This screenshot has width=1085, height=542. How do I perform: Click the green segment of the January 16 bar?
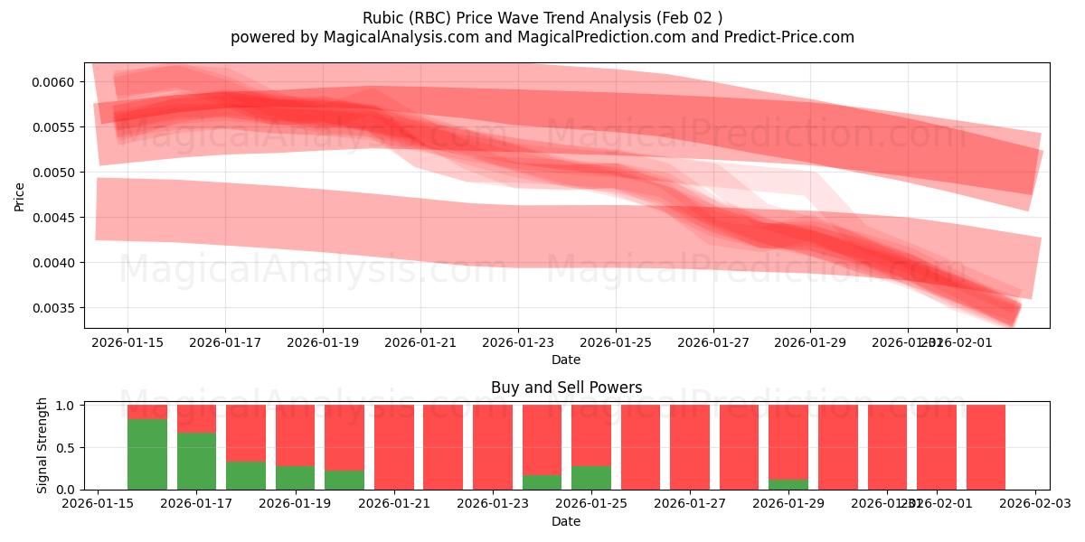(x=147, y=454)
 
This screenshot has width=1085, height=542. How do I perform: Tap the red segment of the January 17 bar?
(x=196, y=418)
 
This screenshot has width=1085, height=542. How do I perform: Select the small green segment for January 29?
(x=788, y=484)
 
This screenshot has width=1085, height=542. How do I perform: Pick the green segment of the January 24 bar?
(x=542, y=482)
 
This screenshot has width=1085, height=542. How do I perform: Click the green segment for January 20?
(x=344, y=480)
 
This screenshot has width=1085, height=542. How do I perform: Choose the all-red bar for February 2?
(x=986, y=447)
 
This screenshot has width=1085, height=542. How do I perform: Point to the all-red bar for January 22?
(x=443, y=447)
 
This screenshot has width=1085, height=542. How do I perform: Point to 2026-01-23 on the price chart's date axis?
(x=518, y=342)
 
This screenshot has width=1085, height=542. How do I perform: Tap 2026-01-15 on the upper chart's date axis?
(x=127, y=342)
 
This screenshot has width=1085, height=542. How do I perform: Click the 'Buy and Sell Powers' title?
(x=566, y=388)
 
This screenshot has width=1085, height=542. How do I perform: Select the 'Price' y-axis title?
(x=20, y=196)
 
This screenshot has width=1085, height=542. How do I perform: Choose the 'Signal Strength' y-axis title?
(x=42, y=445)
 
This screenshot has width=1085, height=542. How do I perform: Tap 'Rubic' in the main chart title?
(x=383, y=18)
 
